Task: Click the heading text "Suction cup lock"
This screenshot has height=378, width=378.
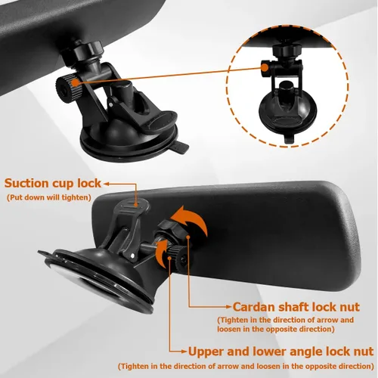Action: [53, 183]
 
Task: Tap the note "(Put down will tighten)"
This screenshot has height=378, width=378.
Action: [49, 197]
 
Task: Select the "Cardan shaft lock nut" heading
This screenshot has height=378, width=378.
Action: [296, 307]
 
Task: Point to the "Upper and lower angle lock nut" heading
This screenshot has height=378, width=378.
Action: [280, 352]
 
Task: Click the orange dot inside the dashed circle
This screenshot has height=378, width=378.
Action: [265, 67]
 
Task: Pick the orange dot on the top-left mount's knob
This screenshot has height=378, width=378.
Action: [75, 82]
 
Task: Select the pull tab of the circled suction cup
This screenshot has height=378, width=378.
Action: [289, 138]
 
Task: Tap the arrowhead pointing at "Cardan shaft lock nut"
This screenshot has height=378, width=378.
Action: [228, 307]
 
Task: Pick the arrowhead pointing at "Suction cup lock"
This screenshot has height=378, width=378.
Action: [107, 184]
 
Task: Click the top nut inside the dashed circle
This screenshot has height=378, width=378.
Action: [283, 50]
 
